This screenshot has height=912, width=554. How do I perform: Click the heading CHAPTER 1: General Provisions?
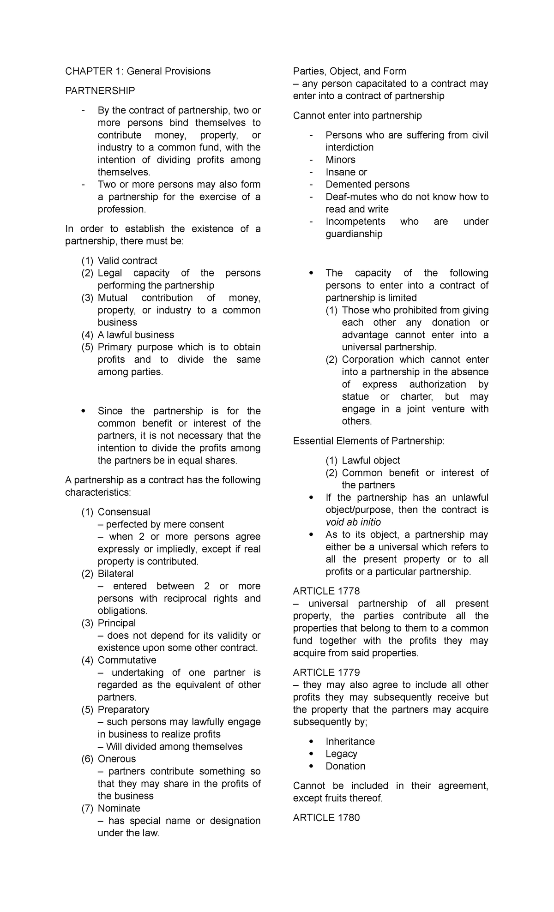(x=138, y=71)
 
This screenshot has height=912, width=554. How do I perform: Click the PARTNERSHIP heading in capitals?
(x=100, y=91)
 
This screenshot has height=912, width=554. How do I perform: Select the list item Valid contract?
(x=127, y=261)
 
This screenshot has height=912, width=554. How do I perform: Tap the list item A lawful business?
(x=136, y=335)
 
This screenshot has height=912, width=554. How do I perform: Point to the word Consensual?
(x=124, y=512)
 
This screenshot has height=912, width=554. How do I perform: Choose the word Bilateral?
(x=115, y=574)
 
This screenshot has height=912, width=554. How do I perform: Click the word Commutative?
(x=127, y=660)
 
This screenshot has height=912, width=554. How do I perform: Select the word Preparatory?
(x=123, y=709)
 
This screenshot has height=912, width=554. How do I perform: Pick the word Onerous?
(x=117, y=759)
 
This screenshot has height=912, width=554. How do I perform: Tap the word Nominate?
(x=119, y=808)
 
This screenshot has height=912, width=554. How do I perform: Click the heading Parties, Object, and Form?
(x=349, y=71)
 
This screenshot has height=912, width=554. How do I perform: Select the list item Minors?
(x=340, y=160)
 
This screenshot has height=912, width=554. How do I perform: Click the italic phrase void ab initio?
(x=353, y=522)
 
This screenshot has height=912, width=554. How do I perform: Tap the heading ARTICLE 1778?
(x=326, y=591)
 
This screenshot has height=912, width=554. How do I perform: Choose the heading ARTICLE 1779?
(x=326, y=672)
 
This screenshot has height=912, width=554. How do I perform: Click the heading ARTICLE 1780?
(x=326, y=818)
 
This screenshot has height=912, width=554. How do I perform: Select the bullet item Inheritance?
(x=350, y=741)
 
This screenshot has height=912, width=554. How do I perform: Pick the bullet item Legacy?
(x=341, y=754)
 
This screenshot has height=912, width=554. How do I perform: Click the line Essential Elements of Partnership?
(x=369, y=441)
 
